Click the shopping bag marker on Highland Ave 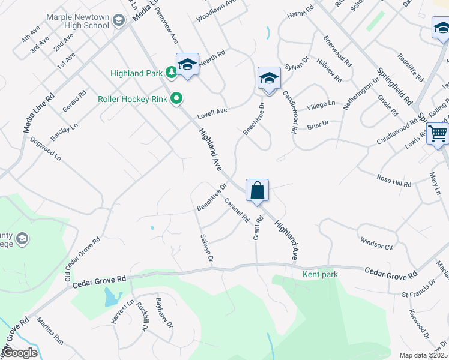(257, 191)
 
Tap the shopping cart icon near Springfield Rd (438, 134)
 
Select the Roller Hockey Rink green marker (176, 98)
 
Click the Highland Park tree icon (172, 73)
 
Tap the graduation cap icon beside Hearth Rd (187, 65)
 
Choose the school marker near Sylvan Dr (269, 79)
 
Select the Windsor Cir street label (376, 243)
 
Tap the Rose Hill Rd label (394, 181)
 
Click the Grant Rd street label (258, 229)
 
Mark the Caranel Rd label (237, 211)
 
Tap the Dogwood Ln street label (46, 148)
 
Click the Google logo (20, 353)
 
